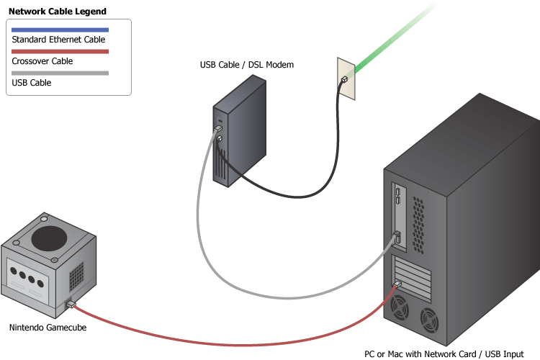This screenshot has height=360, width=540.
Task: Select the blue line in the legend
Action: [60, 30]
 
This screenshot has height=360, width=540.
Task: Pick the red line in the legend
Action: [60, 51]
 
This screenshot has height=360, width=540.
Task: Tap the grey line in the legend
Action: [60, 73]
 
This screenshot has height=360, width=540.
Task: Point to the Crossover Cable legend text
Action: [42, 61]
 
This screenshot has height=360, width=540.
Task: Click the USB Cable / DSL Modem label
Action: [247, 65]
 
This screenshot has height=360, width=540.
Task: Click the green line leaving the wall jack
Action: [389, 43]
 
